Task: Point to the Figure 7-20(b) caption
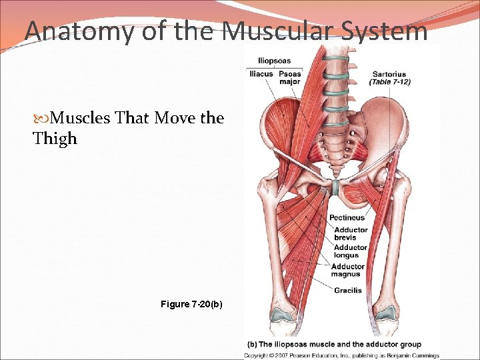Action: (x=192, y=305)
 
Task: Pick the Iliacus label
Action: (x=260, y=73)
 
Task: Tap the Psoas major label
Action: (x=289, y=77)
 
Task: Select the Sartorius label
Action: (x=389, y=73)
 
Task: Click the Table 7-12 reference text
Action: (x=389, y=82)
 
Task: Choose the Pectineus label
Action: (x=347, y=217)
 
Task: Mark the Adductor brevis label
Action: (x=351, y=234)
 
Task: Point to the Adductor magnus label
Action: (x=348, y=270)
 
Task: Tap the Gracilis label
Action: (x=348, y=290)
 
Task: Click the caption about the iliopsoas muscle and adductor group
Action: (x=335, y=344)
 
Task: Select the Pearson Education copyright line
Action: (x=341, y=355)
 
